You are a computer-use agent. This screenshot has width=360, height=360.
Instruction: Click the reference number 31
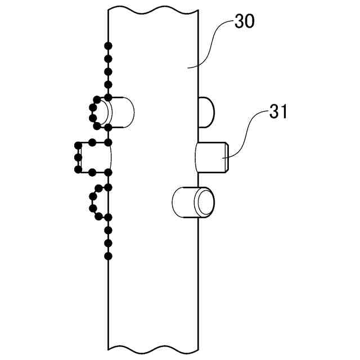(x=278, y=112)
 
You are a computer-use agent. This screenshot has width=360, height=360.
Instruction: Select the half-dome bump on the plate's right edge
(x=205, y=111)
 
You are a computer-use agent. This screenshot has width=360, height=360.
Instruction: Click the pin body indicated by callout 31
(x=209, y=158)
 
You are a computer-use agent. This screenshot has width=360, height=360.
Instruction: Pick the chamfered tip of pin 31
(x=225, y=158)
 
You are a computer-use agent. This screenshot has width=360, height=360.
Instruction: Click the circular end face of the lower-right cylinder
(x=204, y=202)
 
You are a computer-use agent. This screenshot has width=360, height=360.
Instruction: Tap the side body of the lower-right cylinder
(x=183, y=202)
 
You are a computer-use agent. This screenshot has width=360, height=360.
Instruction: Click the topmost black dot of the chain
(x=108, y=46)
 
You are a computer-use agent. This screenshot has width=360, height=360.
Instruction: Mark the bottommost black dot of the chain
(x=108, y=256)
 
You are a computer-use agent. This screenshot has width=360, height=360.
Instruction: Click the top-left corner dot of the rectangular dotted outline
(x=78, y=144)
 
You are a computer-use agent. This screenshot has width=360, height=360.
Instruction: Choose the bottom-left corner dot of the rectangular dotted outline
(x=78, y=170)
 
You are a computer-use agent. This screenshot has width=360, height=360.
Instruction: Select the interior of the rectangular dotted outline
(x=93, y=157)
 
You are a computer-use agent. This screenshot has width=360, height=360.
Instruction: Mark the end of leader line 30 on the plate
(x=188, y=67)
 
